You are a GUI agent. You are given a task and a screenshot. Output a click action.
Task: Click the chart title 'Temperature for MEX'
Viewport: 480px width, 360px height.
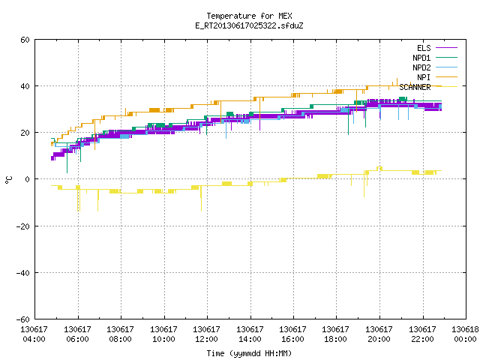[249, 16]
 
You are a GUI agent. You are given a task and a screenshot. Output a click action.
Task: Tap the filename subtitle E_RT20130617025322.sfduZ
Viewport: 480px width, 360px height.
[249, 25]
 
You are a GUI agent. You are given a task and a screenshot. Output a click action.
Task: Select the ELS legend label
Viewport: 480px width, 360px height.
[424, 48]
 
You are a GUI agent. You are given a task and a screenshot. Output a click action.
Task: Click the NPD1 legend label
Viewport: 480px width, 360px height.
[421, 58]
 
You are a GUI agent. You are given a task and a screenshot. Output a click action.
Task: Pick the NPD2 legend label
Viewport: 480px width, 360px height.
[421, 67]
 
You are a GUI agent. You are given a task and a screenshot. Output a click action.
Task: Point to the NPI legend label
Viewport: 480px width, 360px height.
[424, 77]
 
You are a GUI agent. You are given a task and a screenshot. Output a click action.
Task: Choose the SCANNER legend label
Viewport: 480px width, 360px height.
[415, 87]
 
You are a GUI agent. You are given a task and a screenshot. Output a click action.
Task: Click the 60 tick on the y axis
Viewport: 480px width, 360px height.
[25, 40]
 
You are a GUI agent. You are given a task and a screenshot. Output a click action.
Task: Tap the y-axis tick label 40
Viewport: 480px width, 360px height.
[25, 86]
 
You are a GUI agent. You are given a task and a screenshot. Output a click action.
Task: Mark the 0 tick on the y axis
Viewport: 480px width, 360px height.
[27, 179]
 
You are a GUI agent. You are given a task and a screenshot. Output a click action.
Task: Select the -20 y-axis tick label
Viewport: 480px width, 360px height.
[23, 226]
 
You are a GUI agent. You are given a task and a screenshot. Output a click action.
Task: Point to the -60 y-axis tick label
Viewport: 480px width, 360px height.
[23, 319]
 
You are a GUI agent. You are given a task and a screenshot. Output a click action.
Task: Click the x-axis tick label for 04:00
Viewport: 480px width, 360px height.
[34, 334]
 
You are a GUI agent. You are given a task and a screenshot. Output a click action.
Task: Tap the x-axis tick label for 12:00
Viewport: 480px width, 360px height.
[207, 334]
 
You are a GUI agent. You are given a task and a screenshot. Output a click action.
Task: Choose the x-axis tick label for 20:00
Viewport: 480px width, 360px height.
[379, 334]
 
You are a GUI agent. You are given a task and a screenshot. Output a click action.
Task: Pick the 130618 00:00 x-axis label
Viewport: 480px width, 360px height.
[465, 334]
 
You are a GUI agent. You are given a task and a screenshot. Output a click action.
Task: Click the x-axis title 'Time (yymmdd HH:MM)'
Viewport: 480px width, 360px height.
[249, 353]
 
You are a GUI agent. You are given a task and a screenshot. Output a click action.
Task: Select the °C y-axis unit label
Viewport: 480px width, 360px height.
[8, 180]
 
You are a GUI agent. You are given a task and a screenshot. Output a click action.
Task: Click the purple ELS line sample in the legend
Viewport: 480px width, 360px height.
[447, 48]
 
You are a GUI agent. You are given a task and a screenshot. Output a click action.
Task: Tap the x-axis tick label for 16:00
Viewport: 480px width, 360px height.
[293, 334]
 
